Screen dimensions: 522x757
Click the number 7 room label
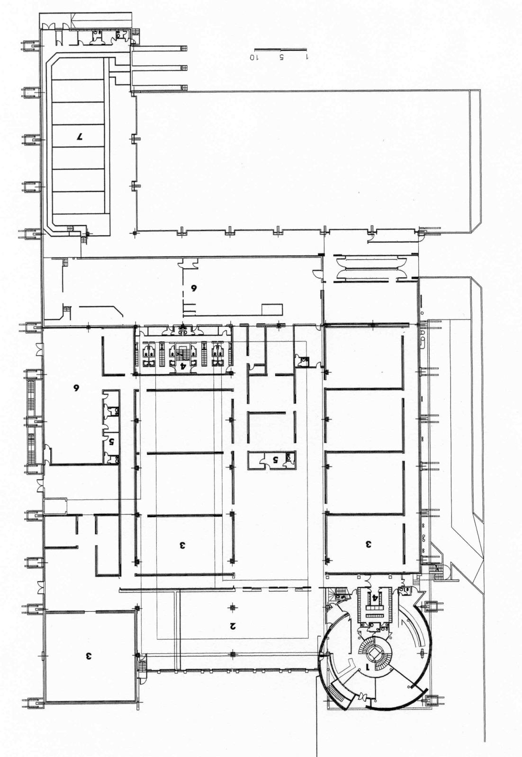[80, 137]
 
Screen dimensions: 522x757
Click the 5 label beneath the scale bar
[281, 57]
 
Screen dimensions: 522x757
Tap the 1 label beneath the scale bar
[307, 57]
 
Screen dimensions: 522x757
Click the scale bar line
[280, 50]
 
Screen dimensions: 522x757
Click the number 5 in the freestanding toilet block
[275, 459]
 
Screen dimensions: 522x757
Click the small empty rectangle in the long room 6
[272, 309]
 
